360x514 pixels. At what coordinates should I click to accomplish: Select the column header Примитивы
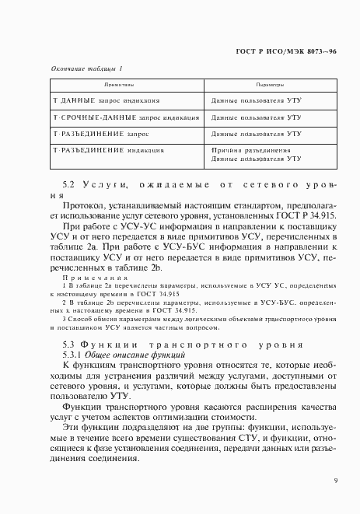coord(118,84)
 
